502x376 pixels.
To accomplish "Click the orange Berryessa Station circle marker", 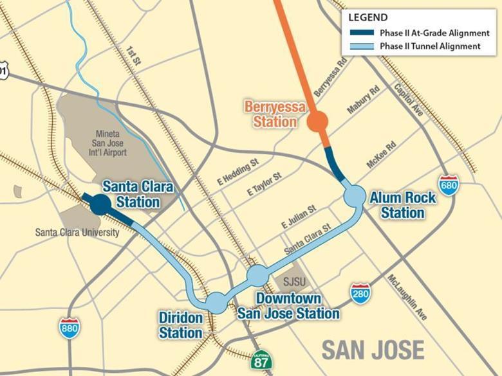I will click(x=317, y=121).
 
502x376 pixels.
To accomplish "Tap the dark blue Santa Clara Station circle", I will click(x=100, y=204).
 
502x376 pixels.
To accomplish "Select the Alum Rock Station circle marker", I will click(x=354, y=197).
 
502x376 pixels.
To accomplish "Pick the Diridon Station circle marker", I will click(x=216, y=301).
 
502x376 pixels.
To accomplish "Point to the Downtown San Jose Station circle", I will click(x=257, y=276).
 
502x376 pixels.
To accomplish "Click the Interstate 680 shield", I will click(x=448, y=185).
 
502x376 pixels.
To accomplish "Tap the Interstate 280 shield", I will click(x=360, y=293).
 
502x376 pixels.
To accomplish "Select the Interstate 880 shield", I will click(x=70, y=328).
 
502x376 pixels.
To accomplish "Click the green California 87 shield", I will click(x=261, y=360).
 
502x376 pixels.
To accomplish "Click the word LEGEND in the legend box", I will click(x=367, y=18).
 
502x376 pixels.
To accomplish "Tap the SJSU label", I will click(x=292, y=281).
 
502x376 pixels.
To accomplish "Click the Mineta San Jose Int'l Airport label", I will click(x=107, y=142).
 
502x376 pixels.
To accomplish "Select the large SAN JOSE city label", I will click(x=373, y=350).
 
